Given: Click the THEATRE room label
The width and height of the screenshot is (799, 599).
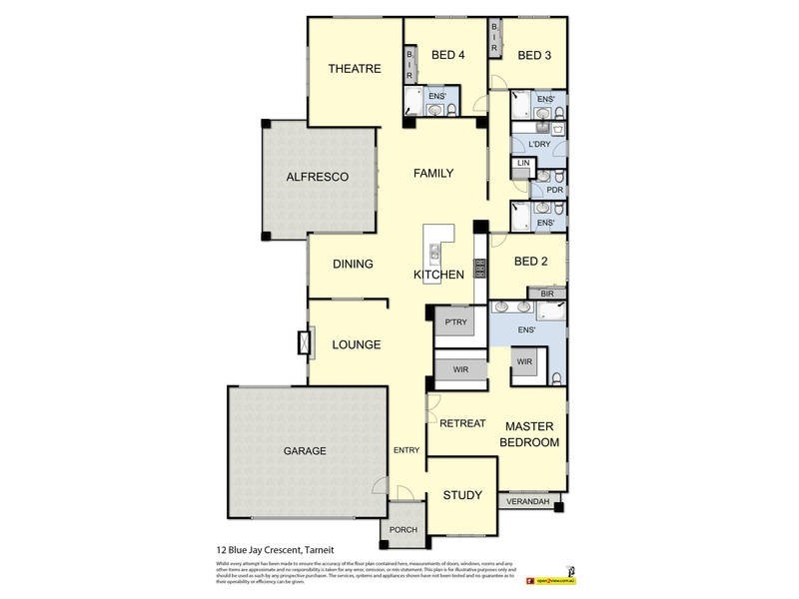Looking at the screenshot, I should [355, 69].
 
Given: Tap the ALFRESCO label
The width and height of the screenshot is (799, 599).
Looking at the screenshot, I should [317, 177].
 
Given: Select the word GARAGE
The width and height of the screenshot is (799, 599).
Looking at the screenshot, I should [305, 451].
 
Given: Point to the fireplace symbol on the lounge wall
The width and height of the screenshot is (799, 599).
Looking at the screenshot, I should [302, 343].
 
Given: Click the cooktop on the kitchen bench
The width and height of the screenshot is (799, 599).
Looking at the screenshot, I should [479, 268].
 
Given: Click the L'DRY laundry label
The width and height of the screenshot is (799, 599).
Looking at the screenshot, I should [539, 145].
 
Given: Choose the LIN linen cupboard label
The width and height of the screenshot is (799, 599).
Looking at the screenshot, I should [522, 163].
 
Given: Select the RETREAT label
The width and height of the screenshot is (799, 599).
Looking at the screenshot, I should [462, 423].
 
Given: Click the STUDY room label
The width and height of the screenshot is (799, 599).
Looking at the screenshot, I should [461, 495].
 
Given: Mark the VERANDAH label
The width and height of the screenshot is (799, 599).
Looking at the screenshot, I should [529, 501].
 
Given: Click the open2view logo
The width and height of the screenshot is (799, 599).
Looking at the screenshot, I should [552, 577].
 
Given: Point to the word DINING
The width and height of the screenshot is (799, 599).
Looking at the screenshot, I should [353, 265].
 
